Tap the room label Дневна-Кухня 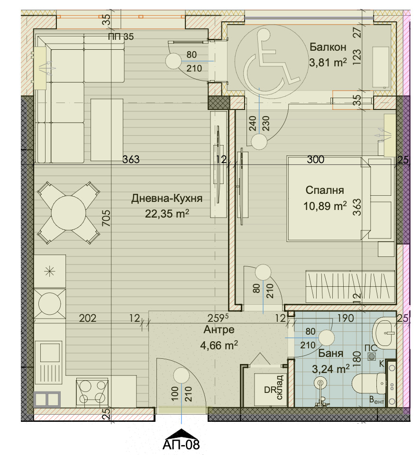pos(166,199)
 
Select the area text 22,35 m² pos(167,214)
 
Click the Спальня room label pos(325,191)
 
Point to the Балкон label pos(328,47)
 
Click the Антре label pos(219,330)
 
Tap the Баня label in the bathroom pos(330,353)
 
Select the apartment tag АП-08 pos(181,444)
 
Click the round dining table pos(69,213)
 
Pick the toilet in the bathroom pos(369,383)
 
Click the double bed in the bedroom pos(328,199)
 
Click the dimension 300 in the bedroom pos(316,159)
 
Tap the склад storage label pos(279,387)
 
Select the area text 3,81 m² pos(328,63)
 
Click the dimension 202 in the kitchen pos(88,318)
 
